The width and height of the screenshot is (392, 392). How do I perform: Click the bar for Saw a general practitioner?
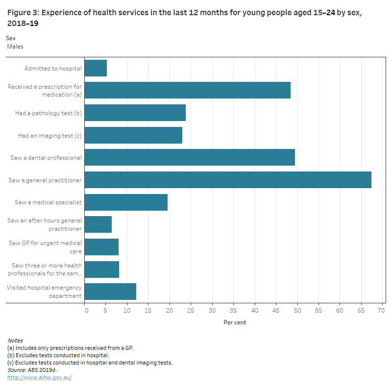click(228, 180)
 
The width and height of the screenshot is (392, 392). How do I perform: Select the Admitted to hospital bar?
click(96, 68)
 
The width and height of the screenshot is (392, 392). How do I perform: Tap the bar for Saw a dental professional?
click(190, 157)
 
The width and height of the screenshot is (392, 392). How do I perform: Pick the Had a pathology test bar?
click(135, 113)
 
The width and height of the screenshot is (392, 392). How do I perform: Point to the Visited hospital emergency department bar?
click(110, 292)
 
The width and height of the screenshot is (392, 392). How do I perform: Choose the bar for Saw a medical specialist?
click(126, 202)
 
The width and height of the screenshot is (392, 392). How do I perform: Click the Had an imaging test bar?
click(133, 135)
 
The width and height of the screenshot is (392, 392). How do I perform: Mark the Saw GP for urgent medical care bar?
click(101, 247)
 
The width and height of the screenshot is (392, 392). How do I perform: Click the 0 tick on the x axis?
click(86, 310)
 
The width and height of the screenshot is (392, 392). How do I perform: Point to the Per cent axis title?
click(235, 322)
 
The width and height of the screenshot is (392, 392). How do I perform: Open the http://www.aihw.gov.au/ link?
click(39, 377)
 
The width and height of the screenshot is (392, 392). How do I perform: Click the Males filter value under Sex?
click(15, 47)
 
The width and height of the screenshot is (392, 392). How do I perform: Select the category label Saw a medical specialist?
click(48, 202)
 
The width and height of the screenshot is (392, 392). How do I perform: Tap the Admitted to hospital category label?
click(53, 69)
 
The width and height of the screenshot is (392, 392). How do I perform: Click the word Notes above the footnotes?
click(15, 341)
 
